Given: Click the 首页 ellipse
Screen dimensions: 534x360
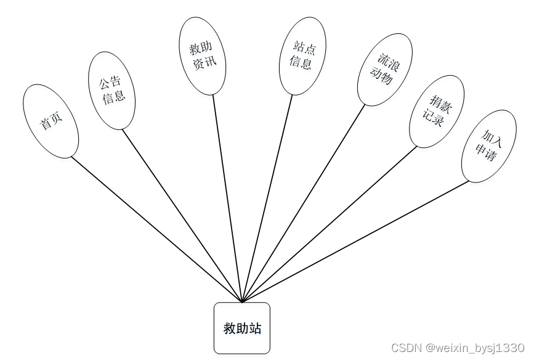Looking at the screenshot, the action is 51,121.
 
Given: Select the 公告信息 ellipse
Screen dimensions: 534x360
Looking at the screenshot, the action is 111,90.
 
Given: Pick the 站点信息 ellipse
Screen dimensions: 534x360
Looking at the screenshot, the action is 302,56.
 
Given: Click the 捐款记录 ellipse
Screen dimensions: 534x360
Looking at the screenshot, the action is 437,112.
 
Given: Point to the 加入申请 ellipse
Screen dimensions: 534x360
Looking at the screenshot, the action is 489,146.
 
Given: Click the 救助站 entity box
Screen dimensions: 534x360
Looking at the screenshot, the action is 242,328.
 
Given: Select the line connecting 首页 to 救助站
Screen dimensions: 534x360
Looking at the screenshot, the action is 156,229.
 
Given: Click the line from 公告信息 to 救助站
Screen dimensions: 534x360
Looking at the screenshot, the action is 182,216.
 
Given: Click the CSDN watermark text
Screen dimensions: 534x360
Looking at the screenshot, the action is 458,348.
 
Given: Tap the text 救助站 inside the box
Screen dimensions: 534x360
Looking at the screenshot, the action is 242,329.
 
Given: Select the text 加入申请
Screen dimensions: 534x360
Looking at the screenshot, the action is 490,146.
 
